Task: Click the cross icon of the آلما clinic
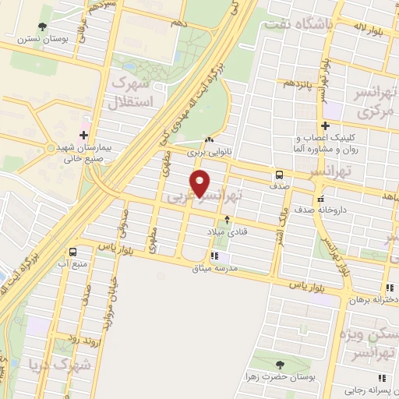[325, 125]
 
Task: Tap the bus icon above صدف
[280, 175]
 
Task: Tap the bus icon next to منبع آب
[72, 252]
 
